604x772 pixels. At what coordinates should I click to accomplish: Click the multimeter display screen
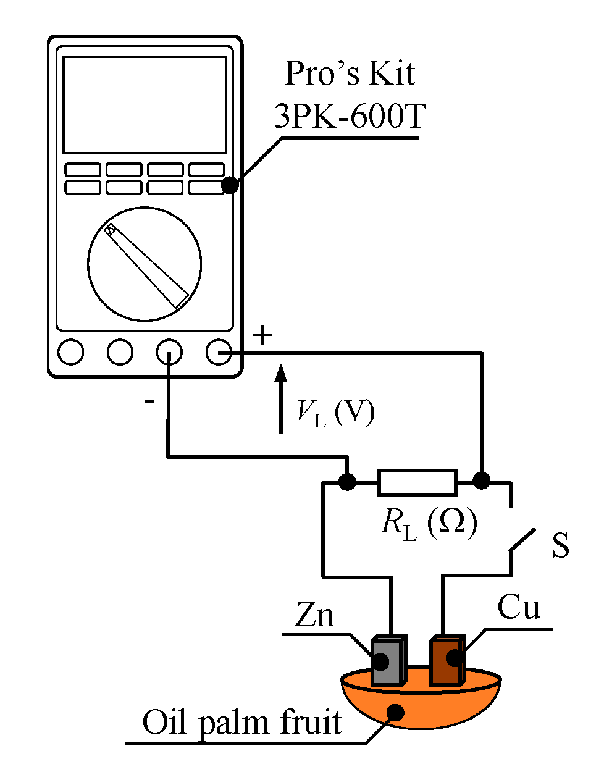pyautogui.click(x=145, y=105)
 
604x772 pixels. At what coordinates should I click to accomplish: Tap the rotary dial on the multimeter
pyautogui.click(x=145, y=264)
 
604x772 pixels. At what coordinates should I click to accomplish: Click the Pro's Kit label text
pyautogui.click(x=350, y=73)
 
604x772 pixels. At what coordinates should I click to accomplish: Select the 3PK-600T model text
pyautogui.click(x=350, y=115)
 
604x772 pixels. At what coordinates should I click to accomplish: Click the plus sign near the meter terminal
pyautogui.click(x=262, y=335)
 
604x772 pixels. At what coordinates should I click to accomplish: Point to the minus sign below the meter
pyautogui.click(x=149, y=402)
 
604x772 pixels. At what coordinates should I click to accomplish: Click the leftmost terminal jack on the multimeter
pyautogui.click(x=70, y=352)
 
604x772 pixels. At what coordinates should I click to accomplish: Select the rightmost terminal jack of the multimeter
pyautogui.click(x=218, y=352)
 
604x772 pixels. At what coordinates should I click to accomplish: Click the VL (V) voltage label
pyautogui.click(x=336, y=412)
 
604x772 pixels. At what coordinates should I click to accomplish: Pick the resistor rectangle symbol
pyautogui.click(x=417, y=482)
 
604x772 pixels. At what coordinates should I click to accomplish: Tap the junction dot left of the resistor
pyautogui.click(x=348, y=481)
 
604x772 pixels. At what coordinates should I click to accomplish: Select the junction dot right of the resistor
pyautogui.click(x=481, y=480)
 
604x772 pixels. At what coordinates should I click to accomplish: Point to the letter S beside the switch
pyautogui.click(x=560, y=545)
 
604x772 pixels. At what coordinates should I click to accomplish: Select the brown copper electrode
pyautogui.click(x=447, y=660)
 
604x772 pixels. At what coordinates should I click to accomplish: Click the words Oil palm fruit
pyautogui.click(x=242, y=723)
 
